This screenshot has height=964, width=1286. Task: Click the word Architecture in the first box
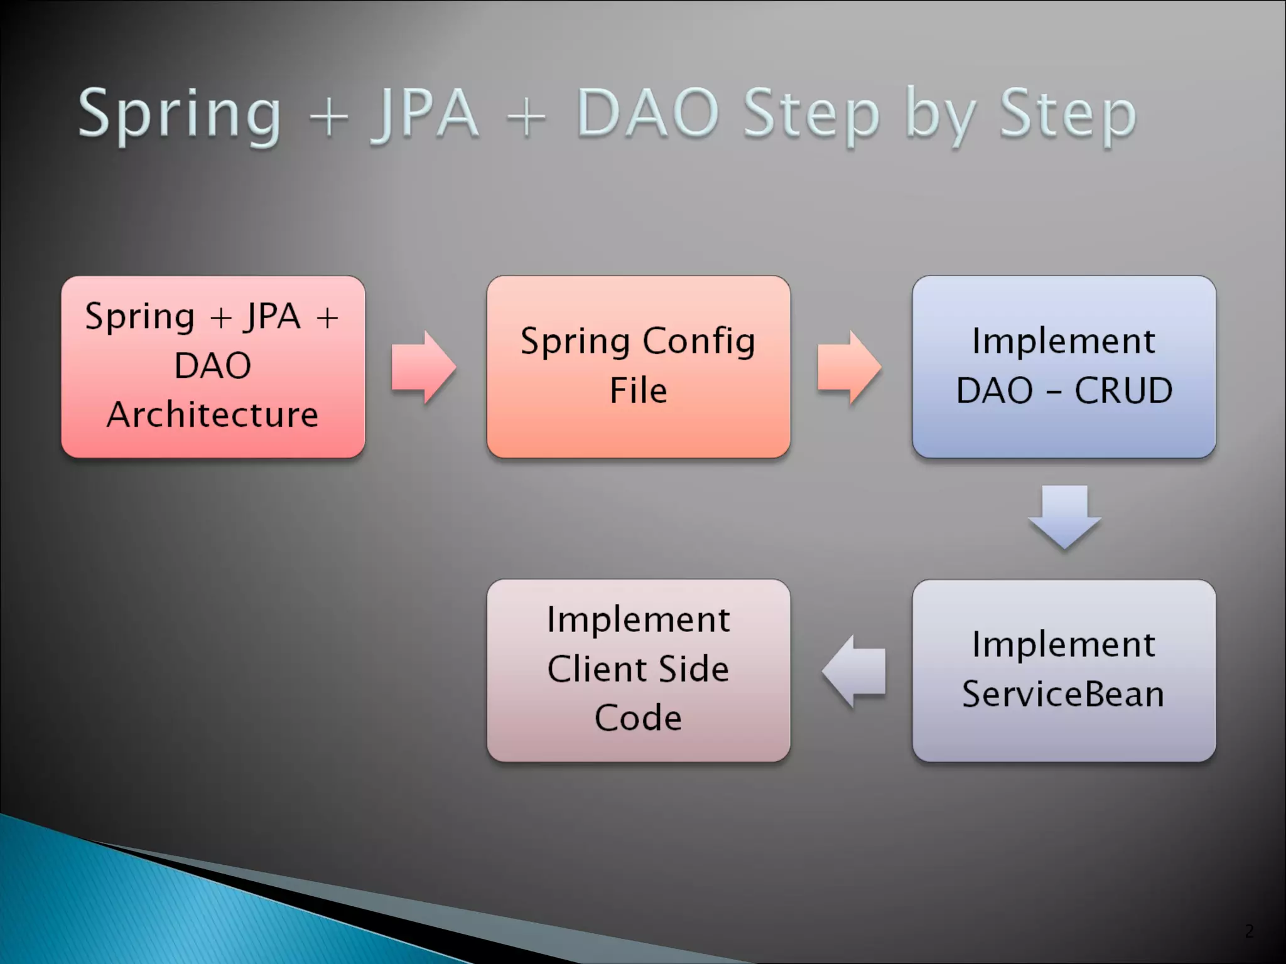click(x=213, y=415)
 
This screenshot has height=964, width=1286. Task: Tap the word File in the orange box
click(x=638, y=390)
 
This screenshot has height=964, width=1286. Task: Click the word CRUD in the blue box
click(x=1123, y=390)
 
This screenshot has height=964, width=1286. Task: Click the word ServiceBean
click(x=1063, y=694)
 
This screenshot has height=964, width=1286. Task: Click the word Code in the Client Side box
click(x=638, y=718)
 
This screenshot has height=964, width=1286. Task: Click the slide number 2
click(x=1249, y=931)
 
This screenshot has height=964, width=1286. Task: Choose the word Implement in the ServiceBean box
click(x=1064, y=645)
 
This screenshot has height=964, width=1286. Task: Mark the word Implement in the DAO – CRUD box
click(x=1064, y=341)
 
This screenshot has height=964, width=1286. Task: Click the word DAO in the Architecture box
click(x=213, y=365)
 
